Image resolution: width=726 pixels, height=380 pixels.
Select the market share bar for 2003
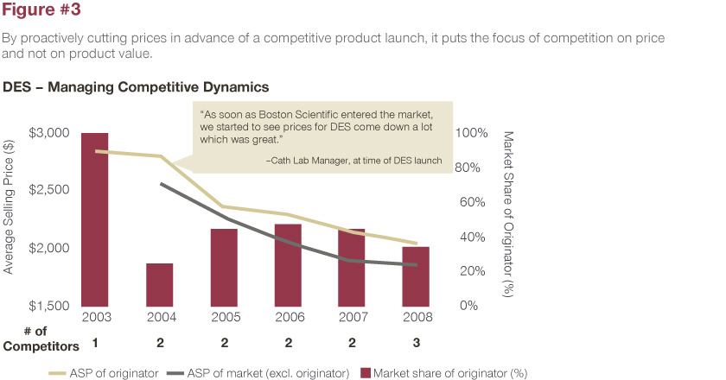point(95,219)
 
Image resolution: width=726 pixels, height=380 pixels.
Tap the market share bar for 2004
point(159,284)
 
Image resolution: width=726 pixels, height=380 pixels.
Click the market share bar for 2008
point(416,275)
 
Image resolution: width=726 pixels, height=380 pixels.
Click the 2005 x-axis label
point(224,318)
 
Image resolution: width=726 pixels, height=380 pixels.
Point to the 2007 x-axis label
point(352,318)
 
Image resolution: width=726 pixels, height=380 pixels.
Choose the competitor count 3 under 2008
point(416,344)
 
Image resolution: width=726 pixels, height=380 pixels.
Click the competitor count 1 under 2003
point(95,344)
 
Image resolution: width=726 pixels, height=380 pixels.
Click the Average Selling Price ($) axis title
point(10,219)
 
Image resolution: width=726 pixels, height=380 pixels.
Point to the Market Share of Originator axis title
point(508,216)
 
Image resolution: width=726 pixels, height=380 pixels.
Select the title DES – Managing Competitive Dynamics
point(136,87)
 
